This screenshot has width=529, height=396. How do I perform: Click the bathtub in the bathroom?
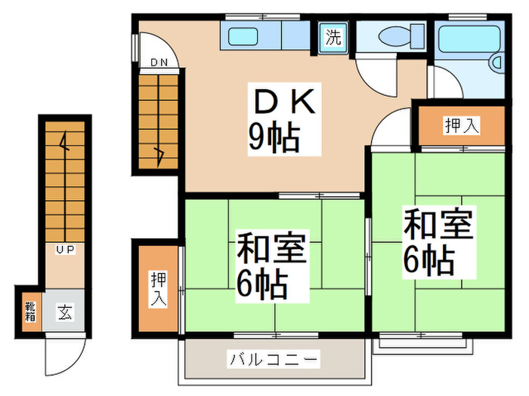pos(469,38)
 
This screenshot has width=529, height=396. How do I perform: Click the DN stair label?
pos(158,63)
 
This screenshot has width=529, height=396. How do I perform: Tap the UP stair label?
pos(63,248)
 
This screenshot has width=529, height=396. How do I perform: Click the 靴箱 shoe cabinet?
pos(29,311)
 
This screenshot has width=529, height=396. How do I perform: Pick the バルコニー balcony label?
pos(274,359)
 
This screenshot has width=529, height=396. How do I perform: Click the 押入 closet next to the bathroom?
pos(461,126)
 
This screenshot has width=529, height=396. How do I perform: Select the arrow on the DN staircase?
pos(159,154)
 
